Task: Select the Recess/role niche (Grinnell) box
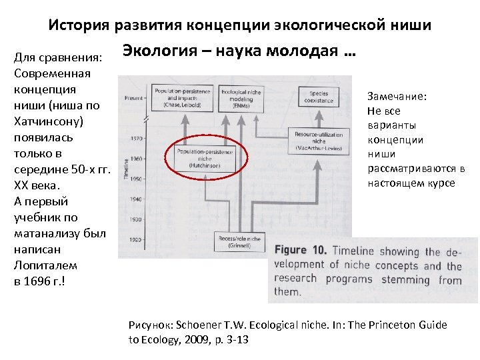pos(238,242)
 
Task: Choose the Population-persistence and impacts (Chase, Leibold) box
pos(181,97)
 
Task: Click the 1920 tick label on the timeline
pos(135,239)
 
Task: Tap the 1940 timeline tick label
pos(135,199)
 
